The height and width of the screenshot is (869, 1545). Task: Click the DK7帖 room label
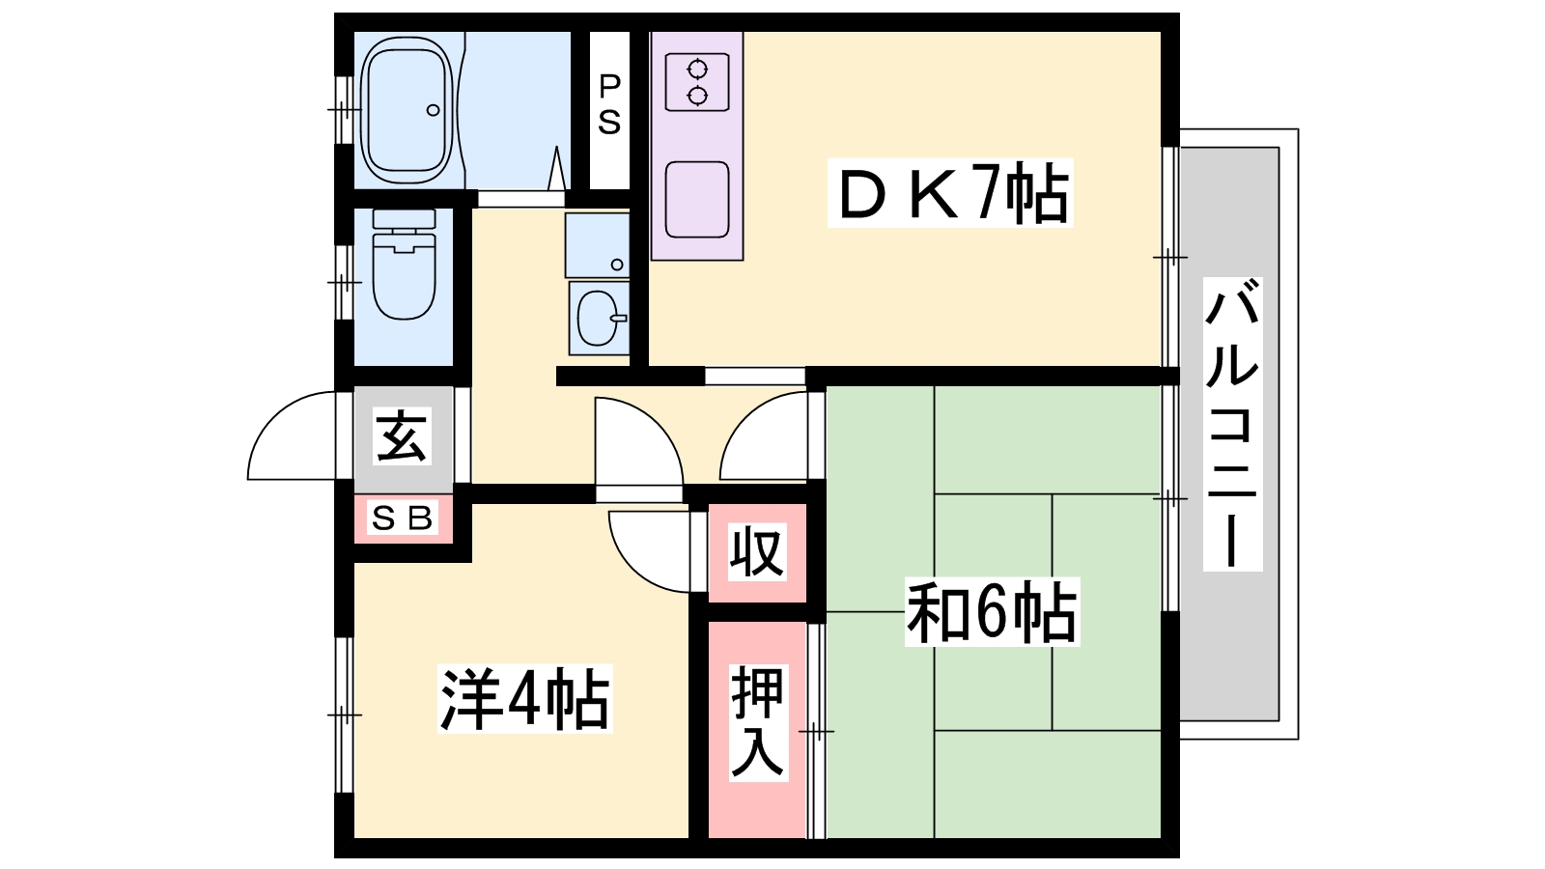point(950,193)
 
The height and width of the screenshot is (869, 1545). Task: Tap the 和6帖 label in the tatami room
point(992,612)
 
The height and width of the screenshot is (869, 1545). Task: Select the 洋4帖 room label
point(525,698)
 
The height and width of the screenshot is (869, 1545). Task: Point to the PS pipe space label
point(609,104)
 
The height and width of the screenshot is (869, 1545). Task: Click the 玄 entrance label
point(403,435)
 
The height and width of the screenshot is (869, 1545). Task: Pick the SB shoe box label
point(403,518)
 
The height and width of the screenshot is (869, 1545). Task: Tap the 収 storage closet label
point(757,551)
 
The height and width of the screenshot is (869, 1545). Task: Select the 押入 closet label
point(758,723)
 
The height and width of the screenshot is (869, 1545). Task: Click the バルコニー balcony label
point(1232,424)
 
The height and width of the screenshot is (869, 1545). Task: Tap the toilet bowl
point(405,265)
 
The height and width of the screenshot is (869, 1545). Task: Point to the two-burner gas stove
point(697,82)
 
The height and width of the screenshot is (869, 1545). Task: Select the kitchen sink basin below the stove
point(697,200)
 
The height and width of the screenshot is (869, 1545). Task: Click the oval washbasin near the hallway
point(599,318)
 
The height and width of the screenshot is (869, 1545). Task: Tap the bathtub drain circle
point(434,110)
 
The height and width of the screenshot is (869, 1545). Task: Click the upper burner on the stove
point(697,70)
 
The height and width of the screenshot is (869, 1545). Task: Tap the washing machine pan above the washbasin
point(598,245)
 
